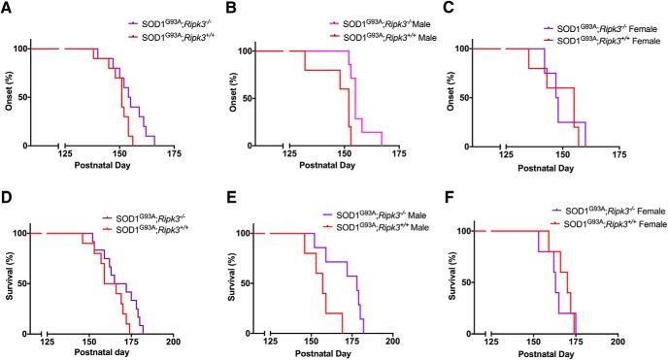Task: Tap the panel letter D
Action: coord(8,191)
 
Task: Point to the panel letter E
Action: coord(230,191)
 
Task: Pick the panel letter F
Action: coord(451,191)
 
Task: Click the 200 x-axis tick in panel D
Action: coord(174,342)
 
